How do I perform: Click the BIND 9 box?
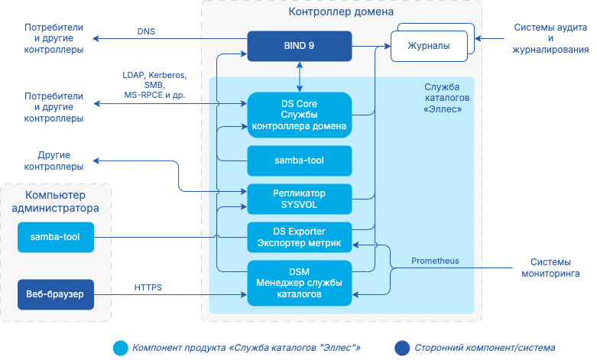pyautogui.click(x=299, y=46)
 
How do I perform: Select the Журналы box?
pyautogui.click(x=430, y=47)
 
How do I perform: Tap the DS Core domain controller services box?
pyautogui.click(x=299, y=115)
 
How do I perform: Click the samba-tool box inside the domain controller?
pyautogui.click(x=299, y=161)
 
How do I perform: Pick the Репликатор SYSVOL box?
pyautogui.click(x=299, y=199)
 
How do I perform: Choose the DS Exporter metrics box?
pyautogui.click(x=299, y=237)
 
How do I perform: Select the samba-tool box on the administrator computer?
pyautogui.click(x=55, y=237)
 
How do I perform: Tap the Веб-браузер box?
pyautogui.click(x=55, y=294)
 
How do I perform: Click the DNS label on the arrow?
pyautogui.click(x=145, y=32)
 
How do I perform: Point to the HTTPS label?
pyautogui.click(x=148, y=287)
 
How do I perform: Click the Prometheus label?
pyautogui.click(x=435, y=261)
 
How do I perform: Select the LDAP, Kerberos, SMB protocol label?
pyautogui.click(x=154, y=86)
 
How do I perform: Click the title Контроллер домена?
pyautogui.click(x=341, y=12)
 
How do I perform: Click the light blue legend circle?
pyautogui.click(x=120, y=348)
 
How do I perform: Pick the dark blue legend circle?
pyautogui.click(x=402, y=348)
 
